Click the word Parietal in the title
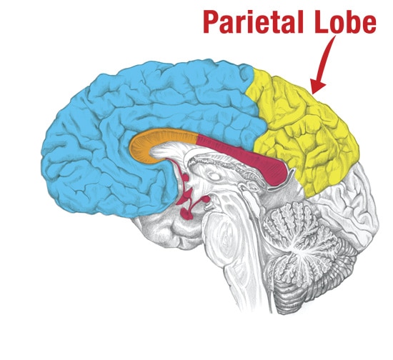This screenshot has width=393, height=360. click(x=253, y=22)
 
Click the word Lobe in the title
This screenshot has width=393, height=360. click(x=345, y=22)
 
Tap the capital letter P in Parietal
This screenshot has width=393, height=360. click(x=211, y=22)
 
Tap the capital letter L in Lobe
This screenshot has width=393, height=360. click(x=322, y=22)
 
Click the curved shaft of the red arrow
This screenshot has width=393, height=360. click(x=326, y=59)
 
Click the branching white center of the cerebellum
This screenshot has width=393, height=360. click(x=301, y=251)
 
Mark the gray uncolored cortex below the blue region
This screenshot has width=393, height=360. click(x=163, y=231)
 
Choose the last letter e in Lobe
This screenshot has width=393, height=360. click(x=369, y=25)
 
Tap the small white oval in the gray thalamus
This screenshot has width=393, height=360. click(x=214, y=176)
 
